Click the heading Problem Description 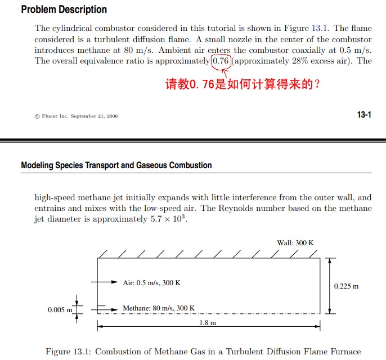[x=64, y=10]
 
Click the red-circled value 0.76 [x=221, y=61]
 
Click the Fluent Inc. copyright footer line [x=76, y=116]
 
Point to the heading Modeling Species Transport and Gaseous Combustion [x=116, y=165]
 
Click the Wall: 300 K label [x=295, y=242]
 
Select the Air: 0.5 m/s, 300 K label [x=151, y=282]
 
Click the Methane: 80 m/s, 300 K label [x=159, y=308]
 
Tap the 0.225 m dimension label [x=346, y=286]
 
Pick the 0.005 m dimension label [x=60, y=309]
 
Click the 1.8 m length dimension [x=208, y=323]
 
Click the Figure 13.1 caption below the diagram [x=203, y=352]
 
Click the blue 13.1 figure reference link [x=317, y=28]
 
